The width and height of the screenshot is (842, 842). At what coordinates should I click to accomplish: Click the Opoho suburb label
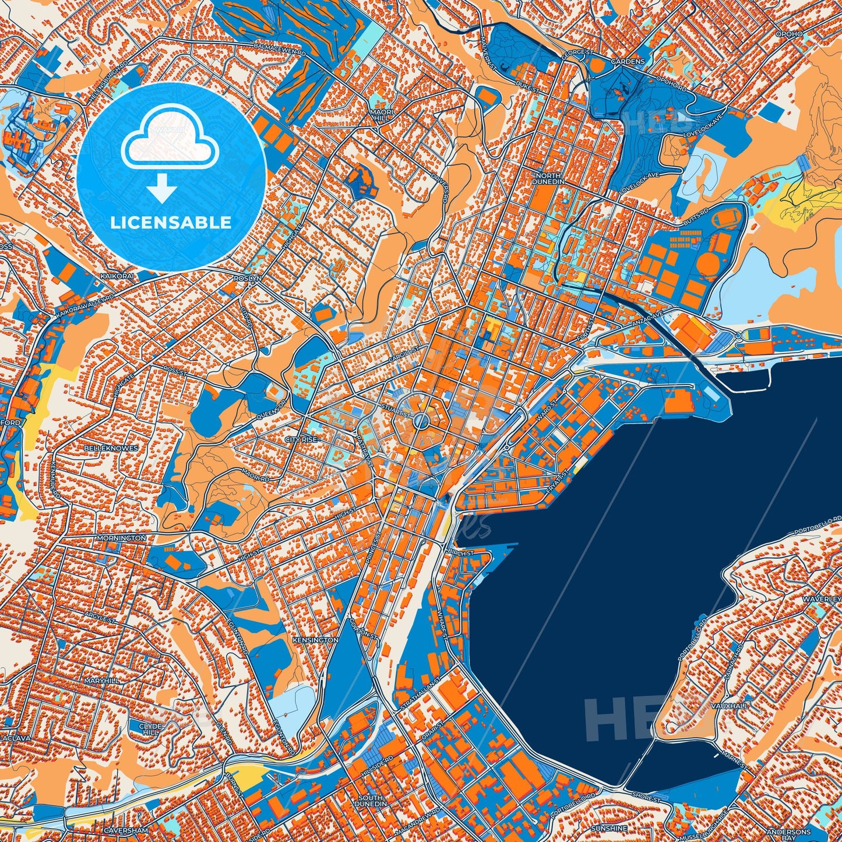point(789,34)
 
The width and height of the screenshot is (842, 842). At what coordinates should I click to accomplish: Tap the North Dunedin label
point(548,178)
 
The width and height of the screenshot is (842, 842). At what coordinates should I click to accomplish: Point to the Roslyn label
point(248,279)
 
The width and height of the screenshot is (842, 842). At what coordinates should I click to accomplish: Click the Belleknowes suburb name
point(111,448)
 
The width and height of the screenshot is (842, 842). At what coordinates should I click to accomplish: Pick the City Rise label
point(301,439)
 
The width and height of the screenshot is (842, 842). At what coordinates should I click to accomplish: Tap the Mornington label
point(122,538)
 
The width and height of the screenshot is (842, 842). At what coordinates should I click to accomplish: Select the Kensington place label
point(315,640)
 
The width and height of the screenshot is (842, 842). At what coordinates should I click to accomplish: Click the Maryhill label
point(101,681)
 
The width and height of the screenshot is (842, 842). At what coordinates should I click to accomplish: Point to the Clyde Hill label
point(149,729)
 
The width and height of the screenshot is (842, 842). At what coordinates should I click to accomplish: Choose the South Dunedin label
point(371,801)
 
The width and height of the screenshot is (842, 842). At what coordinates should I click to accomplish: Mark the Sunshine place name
point(609,828)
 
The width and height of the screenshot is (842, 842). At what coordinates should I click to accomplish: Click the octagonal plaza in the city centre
point(422,421)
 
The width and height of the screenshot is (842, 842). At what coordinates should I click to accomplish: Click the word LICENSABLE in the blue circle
point(171,222)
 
